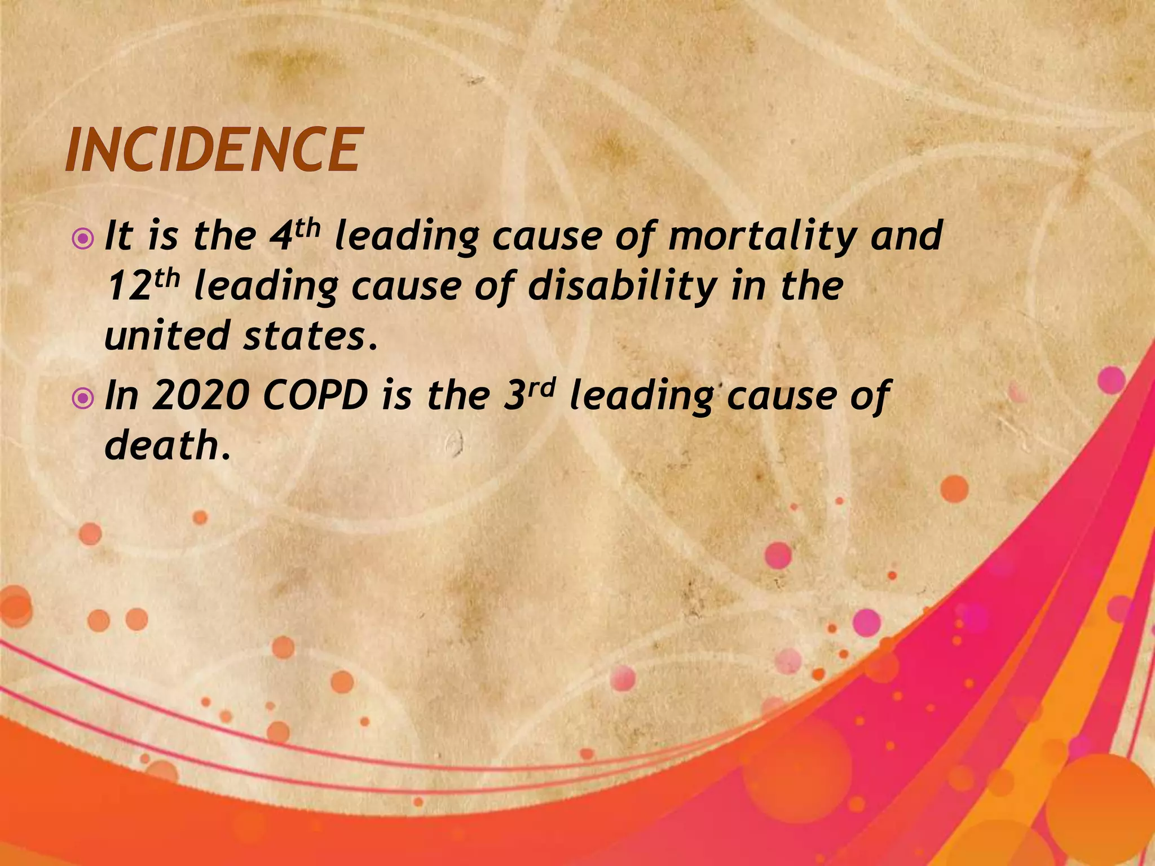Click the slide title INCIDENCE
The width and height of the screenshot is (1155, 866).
(x=211, y=149)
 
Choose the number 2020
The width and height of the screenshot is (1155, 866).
(x=201, y=396)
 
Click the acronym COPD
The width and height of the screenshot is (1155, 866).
(x=315, y=396)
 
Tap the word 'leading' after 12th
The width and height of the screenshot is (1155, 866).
(x=266, y=286)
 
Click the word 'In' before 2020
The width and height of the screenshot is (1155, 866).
(x=122, y=396)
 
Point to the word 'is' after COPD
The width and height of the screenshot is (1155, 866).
(x=394, y=396)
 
